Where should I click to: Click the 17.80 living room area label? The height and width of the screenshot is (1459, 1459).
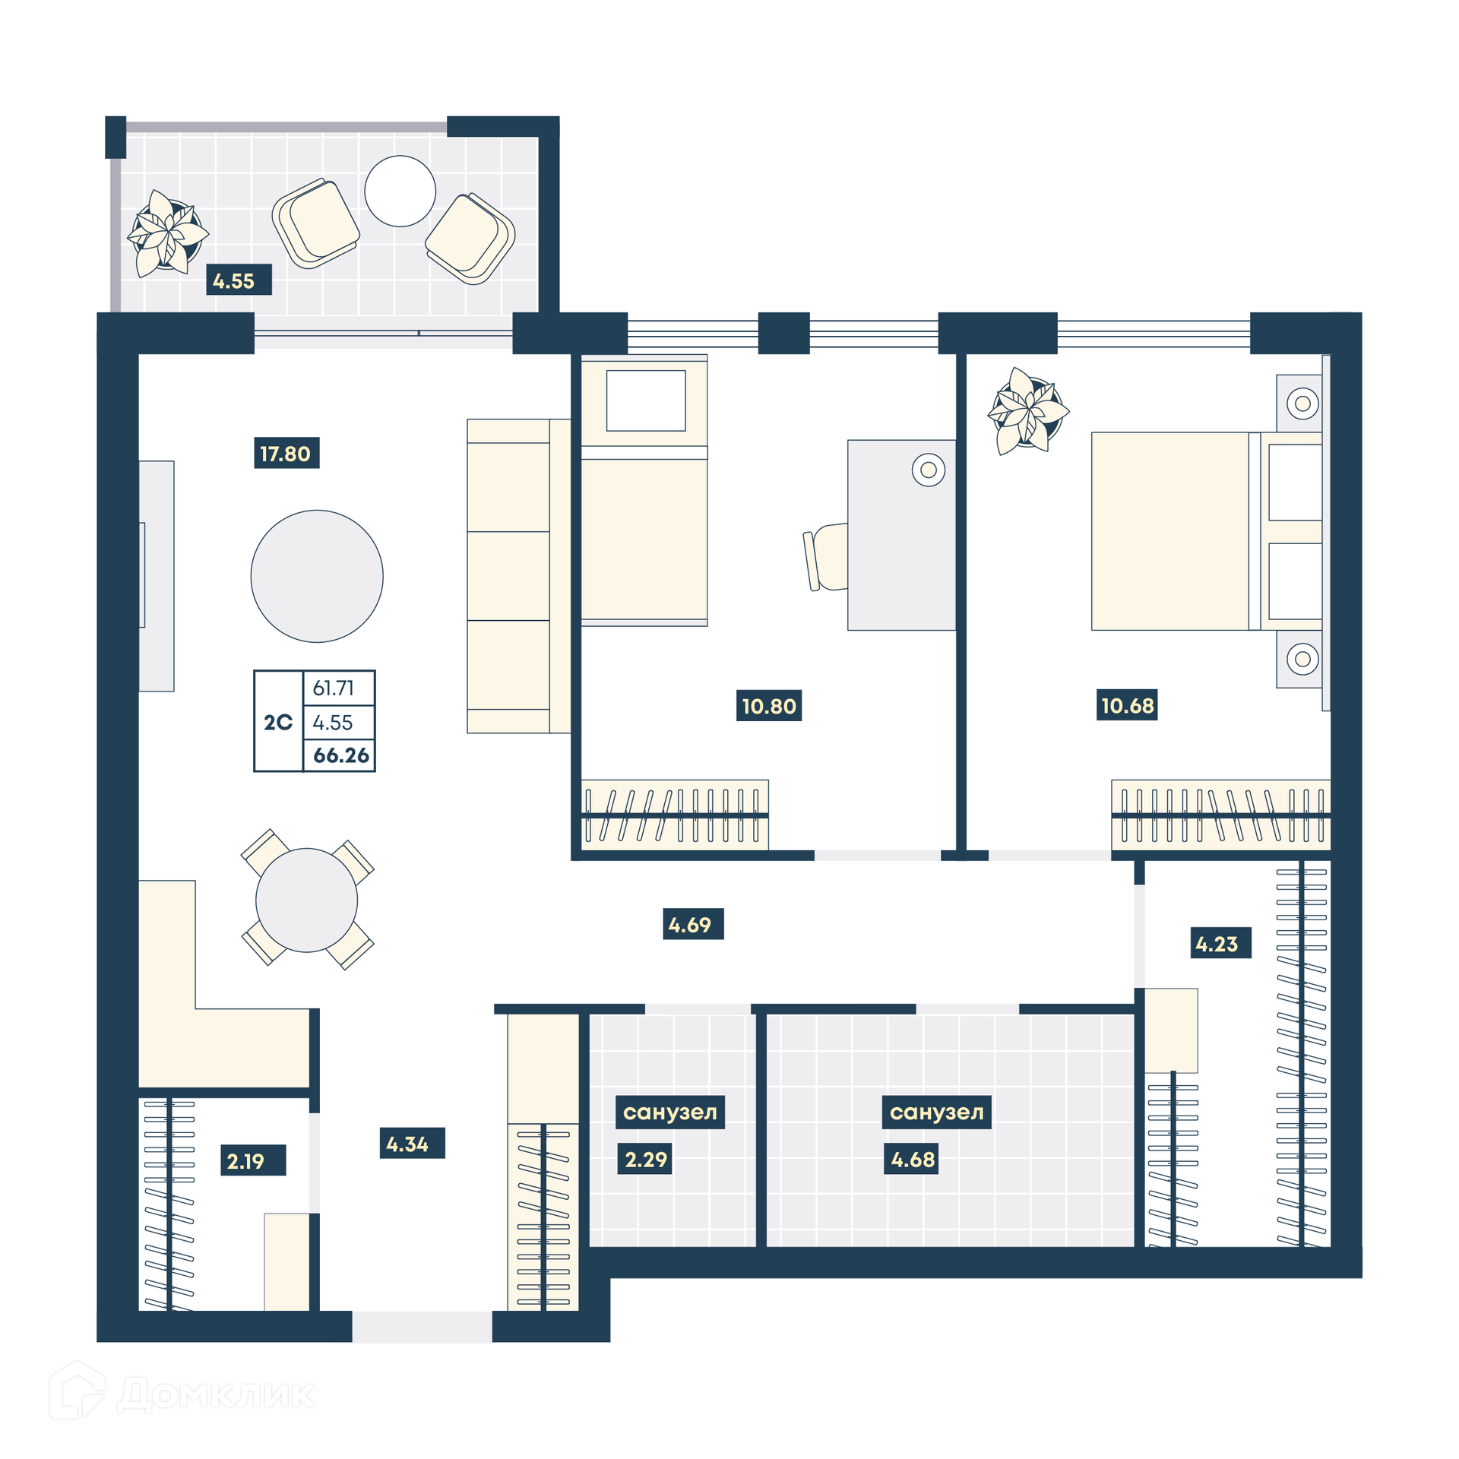click(286, 453)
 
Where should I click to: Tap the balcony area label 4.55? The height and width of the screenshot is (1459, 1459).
click(239, 280)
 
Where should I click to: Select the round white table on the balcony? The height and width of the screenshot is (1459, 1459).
click(400, 191)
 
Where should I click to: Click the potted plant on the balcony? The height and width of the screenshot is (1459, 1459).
click(167, 233)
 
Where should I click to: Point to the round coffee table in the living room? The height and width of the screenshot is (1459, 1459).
click(317, 576)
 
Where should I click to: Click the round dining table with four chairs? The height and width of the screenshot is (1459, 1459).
click(307, 900)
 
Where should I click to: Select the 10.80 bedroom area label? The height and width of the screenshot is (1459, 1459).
click(769, 705)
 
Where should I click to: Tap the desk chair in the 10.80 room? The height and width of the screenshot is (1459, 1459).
click(825, 557)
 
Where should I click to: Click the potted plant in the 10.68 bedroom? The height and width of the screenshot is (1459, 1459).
click(1028, 411)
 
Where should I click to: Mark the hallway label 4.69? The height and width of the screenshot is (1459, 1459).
click(693, 924)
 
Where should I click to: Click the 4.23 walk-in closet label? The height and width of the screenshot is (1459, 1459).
click(1220, 943)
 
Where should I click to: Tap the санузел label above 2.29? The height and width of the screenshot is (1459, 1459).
click(669, 1112)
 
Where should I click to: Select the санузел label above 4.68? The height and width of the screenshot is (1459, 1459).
click(936, 1112)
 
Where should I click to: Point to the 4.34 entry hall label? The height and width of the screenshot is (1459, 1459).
click(412, 1143)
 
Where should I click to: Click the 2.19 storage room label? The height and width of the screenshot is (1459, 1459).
click(253, 1160)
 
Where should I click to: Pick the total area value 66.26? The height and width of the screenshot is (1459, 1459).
click(340, 755)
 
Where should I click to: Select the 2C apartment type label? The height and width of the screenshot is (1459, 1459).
click(278, 722)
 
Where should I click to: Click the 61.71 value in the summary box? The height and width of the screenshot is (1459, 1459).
click(333, 688)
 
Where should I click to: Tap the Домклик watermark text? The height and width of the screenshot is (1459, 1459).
click(217, 1394)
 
